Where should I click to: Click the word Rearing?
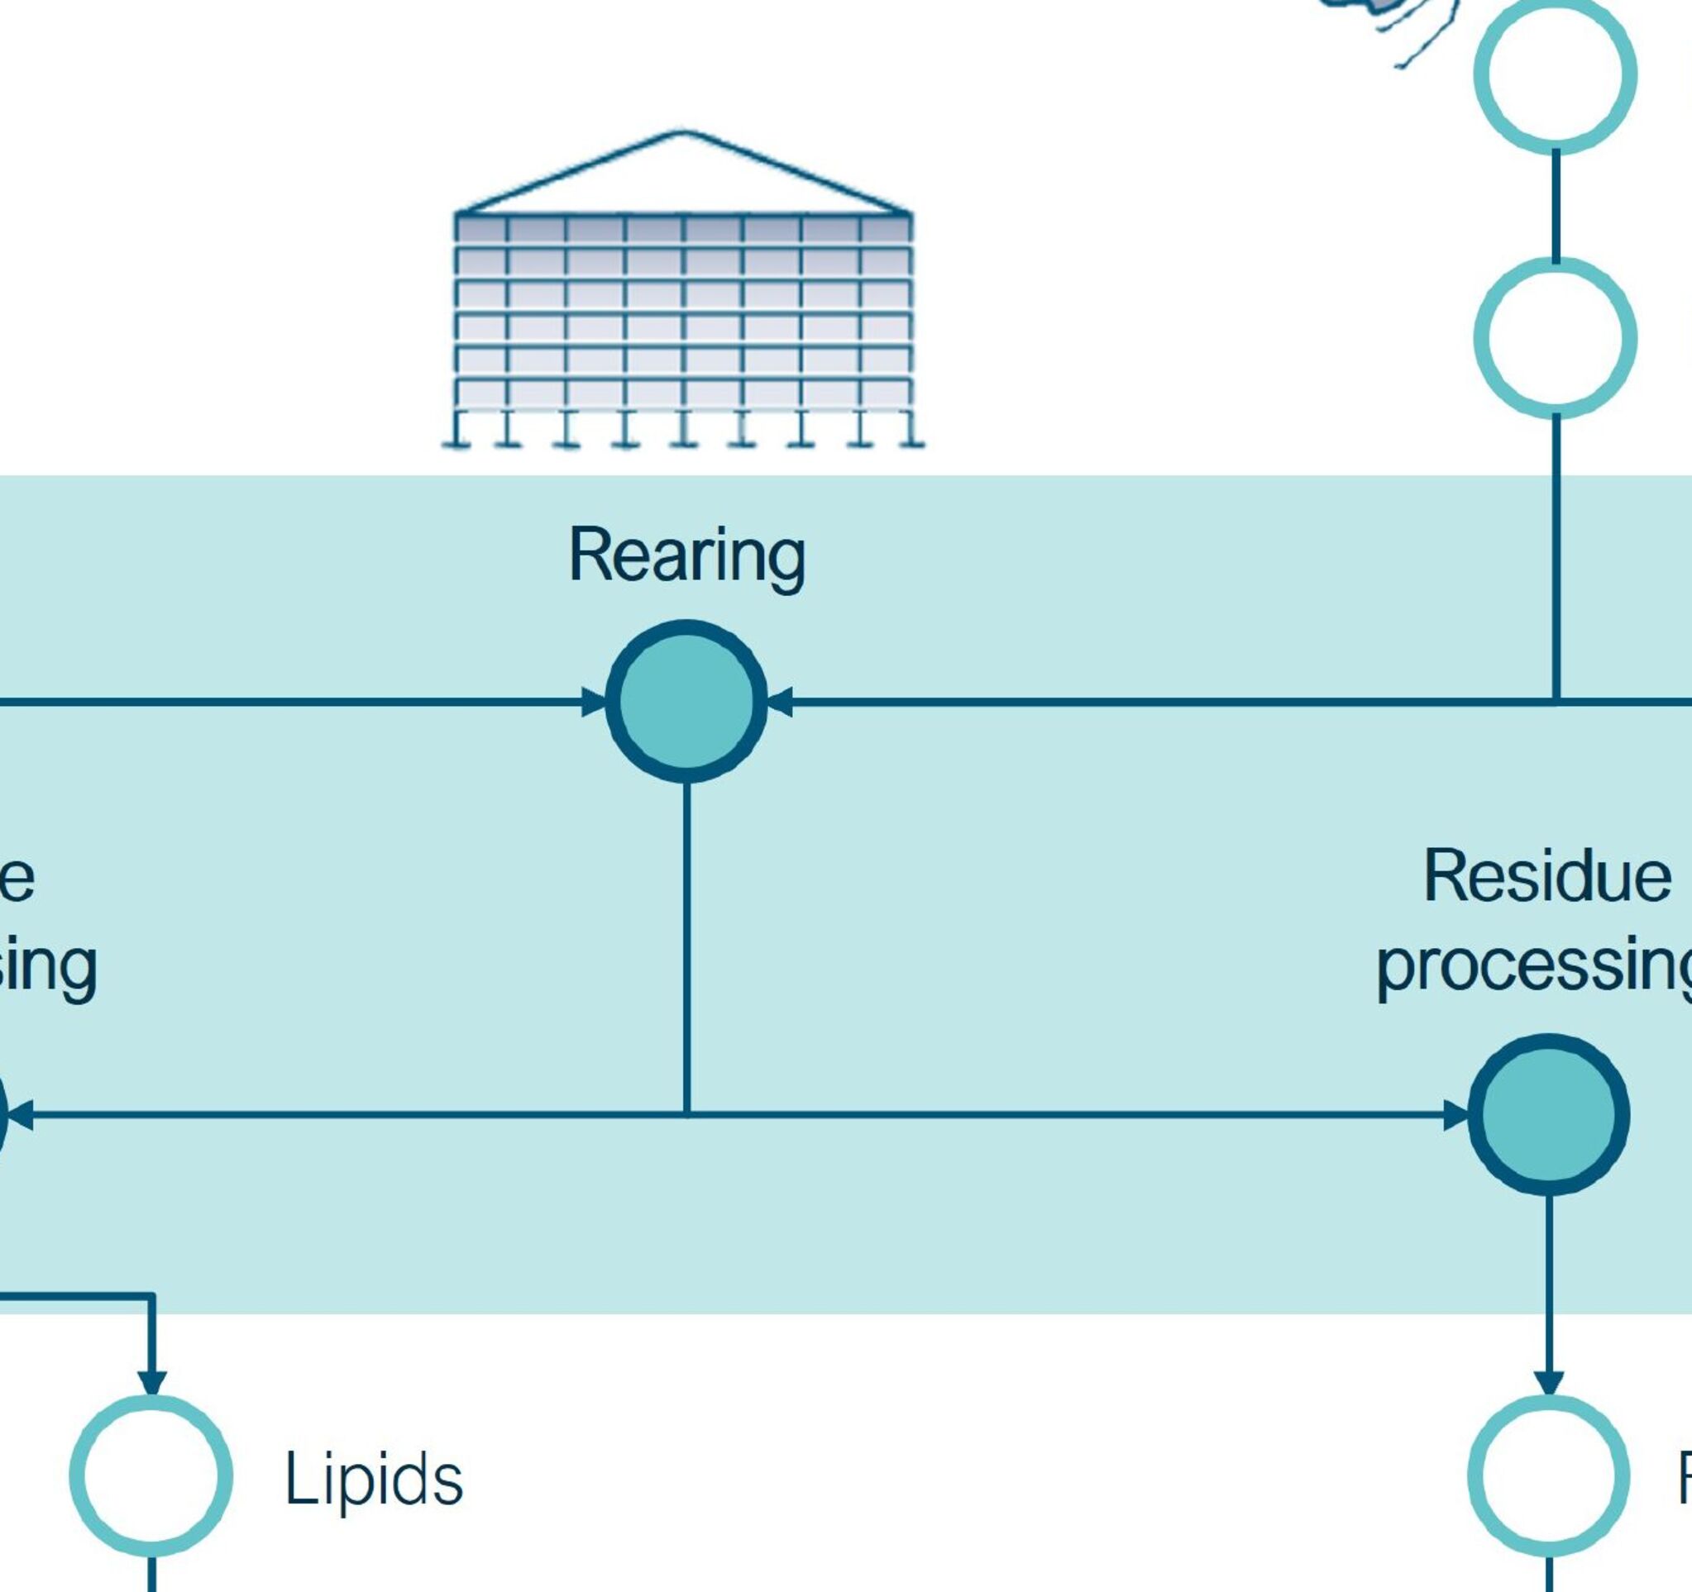(x=686, y=555)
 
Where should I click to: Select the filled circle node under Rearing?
(x=686, y=701)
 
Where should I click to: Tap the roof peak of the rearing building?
(x=683, y=134)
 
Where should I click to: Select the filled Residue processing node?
(x=1548, y=1115)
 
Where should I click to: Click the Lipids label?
(x=374, y=1480)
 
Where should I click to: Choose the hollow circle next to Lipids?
(x=151, y=1476)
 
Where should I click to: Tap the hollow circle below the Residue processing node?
(x=1548, y=1476)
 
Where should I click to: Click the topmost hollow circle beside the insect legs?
(x=1555, y=74)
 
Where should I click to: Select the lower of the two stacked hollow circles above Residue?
(x=1555, y=338)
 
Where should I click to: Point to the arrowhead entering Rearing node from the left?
(x=593, y=702)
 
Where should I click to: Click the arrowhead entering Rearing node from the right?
(x=781, y=702)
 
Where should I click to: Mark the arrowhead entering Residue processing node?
(x=1456, y=1115)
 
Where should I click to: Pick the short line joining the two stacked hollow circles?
(x=1556, y=206)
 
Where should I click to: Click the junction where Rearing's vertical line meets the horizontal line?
(x=687, y=1113)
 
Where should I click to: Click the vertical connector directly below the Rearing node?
(x=687, y=945)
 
